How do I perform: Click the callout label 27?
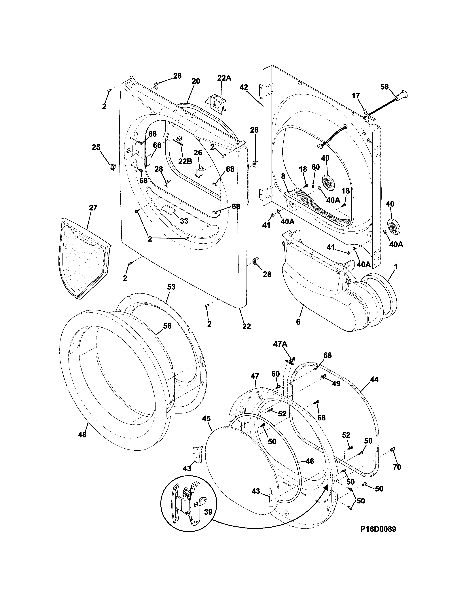tap(93, 208)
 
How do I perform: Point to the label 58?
tap(384, 87)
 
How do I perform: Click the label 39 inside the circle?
tap(209, 512)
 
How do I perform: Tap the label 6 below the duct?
tap(298, 322)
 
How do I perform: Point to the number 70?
tap(397, 467)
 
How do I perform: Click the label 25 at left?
tap(96, 147)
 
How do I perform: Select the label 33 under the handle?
tap(184, 221)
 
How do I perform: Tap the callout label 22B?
tap(185, 161)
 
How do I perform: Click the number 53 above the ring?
tap(171, 287)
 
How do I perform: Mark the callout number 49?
tap(336, 384)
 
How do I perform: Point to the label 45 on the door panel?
tap(206, 419)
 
